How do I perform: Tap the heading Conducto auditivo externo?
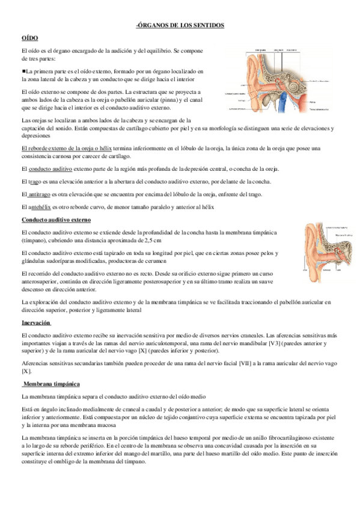coord(55,220)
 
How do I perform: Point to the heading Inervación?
coord(36,323)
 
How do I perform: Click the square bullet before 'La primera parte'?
coord(23,70)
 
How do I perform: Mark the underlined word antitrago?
coord(39,194)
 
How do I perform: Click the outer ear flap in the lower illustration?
coord(313,247)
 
